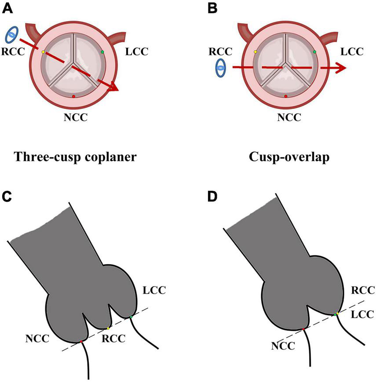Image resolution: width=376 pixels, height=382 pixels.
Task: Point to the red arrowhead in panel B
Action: point(340,68)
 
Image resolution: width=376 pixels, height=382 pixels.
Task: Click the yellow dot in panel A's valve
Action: point(43,52)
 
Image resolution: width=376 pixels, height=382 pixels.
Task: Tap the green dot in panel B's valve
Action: point(314,52)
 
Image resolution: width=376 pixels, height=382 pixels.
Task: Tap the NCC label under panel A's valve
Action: point(73,118)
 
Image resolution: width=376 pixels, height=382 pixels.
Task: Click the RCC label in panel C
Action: point(113,338)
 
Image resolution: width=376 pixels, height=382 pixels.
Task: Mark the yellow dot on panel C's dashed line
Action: point(109,328)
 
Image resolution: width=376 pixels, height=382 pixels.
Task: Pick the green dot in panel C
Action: point(131,317)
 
